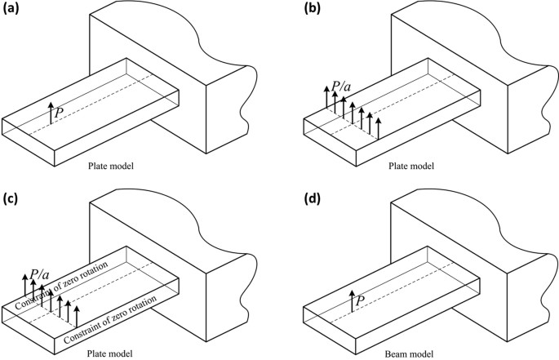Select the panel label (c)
point(14,199)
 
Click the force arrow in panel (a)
point(51,113)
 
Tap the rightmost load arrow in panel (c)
point(77,313)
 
